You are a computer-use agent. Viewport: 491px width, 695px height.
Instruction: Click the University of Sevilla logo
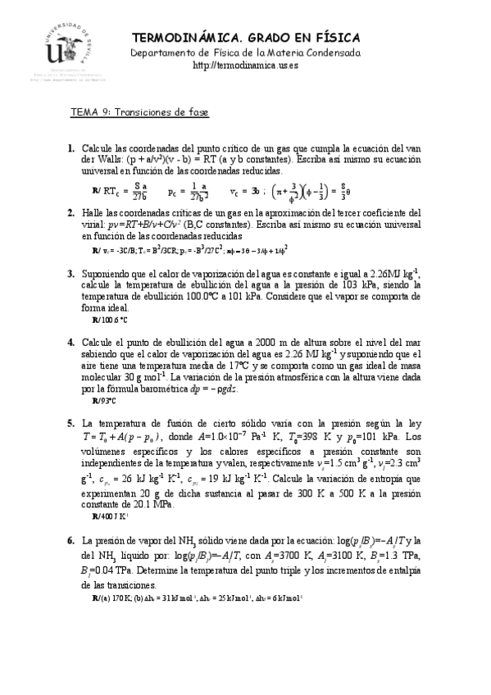click(x=55, y=51)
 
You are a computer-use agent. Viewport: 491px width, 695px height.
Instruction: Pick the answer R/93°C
click(x=104, y=401)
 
